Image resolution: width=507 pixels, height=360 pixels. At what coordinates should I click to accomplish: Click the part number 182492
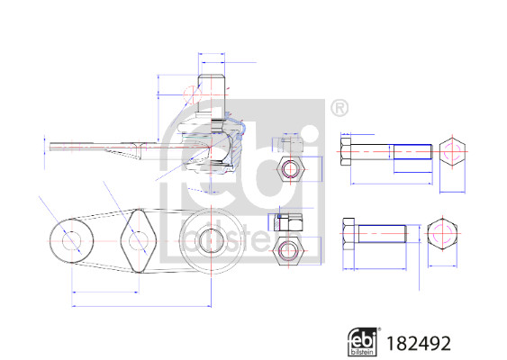[x=419, y=343]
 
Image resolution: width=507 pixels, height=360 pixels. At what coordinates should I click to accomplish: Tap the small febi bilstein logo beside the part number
[x=363, y=342]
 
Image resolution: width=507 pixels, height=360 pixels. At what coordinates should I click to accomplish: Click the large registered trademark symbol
[x=340, y=108]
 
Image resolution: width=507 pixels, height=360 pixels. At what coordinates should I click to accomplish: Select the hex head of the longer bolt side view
[x=346, y=152]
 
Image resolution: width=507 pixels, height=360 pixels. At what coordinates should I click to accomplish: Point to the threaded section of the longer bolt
[x=413, y=152]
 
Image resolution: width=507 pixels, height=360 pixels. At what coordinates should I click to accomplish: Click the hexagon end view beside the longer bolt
[x=452, y=151]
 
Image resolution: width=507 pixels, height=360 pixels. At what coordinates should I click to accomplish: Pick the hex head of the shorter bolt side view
[x=349, y=234]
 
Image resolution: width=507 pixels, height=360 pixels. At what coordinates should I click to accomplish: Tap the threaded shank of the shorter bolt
[x=382, y=234]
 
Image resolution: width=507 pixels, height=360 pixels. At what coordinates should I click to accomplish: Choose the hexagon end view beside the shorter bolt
[x=442, y=234]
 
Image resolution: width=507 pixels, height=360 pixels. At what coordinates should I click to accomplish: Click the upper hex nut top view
[x=291, y=169]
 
